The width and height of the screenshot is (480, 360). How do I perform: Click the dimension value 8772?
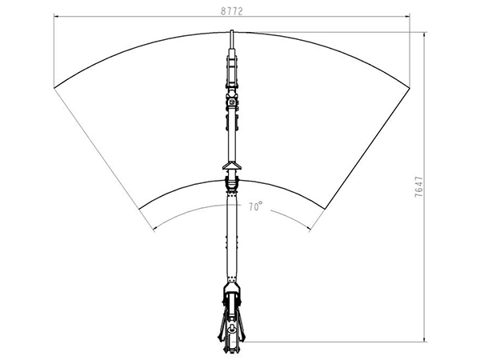pyautogui.click(x=232, y=11)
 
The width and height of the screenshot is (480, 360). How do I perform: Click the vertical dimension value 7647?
pyautogui.click(x=418, y=186)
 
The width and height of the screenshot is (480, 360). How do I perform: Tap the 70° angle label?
pyautogui.click(x=255, y=206)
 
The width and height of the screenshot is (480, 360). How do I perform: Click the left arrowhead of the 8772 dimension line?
pyautogui.click(x=56, y=16)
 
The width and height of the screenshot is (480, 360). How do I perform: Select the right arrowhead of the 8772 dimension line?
pyautogui.click(x=407, y=16)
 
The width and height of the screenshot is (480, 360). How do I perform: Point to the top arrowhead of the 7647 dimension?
pyautogui.click(x=424, y=34)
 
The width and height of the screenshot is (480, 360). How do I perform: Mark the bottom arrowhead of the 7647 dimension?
pyautogui.click(x=424, y=339)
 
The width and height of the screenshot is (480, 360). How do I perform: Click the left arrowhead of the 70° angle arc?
pyautogui.click(x=155, y=228)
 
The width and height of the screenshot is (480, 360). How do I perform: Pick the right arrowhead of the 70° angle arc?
pyautogui.click(x=309, y=228)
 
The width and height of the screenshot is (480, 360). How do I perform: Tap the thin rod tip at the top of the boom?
pyautogui.click(x=232, y=31)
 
